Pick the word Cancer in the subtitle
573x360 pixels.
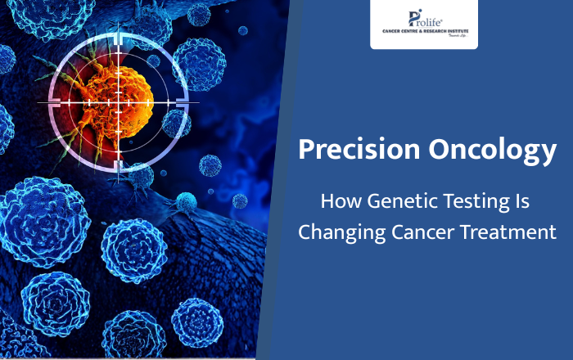pos(412,232)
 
